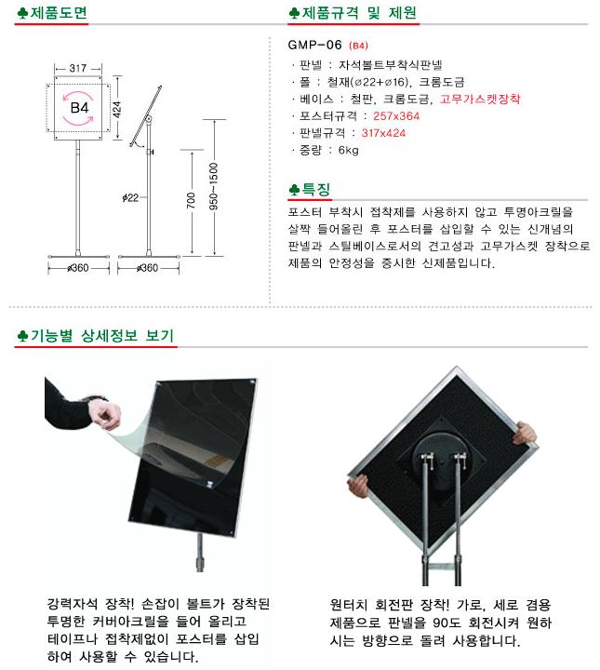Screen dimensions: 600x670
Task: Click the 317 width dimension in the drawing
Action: [x=78, y=68]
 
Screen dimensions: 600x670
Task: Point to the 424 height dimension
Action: [x=116, y=110]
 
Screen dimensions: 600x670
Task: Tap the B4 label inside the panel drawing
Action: [x=79, y=108]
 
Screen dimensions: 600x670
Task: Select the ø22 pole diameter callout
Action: [x=130, y=197]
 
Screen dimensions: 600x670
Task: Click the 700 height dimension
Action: [x=191, y=200]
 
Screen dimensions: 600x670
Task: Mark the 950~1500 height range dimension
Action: [x=214, y=186]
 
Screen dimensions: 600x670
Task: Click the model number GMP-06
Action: [x=315, y=45]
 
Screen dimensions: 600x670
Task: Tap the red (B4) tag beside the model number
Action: [x=358, y=46]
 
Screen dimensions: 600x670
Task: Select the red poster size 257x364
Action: [x=396, y=115]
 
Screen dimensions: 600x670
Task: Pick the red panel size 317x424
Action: [x=383, y=133]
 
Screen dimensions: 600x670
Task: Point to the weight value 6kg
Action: [x=349, y=150]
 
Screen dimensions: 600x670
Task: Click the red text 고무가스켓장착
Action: [x=480, y=99]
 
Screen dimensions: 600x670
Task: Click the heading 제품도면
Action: [x=59, y=13]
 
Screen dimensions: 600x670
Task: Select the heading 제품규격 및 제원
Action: [x=359, y=13]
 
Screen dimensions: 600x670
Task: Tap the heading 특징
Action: [x=316, y=189]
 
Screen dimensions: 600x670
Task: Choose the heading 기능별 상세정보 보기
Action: [x=101, y=335]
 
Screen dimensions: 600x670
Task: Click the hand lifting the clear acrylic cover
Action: [x=104, y=414]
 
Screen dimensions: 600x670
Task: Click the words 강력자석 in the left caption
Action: [x=72, y=604]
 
